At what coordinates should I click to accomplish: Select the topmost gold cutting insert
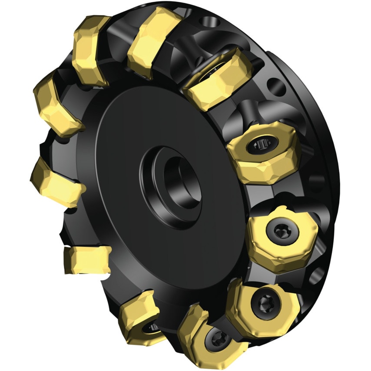click(x=155, y=41)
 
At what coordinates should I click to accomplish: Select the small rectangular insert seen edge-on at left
click(x=87, y=259)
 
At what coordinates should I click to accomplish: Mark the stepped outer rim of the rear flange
click(x=324, y=130)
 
